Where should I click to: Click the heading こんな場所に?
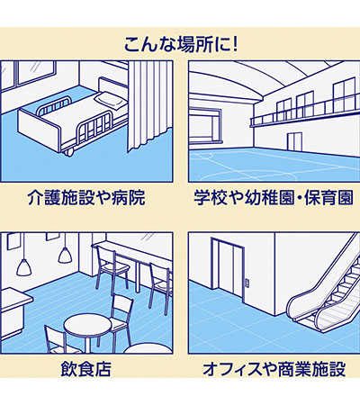click(181, 44)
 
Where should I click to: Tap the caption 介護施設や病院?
click(86, 198)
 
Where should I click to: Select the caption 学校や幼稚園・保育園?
click(274, 198)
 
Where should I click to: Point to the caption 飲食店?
click(86, 369)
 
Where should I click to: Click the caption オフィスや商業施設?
click(274, 369)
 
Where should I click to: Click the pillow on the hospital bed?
click(111, 100)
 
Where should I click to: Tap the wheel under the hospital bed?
click(68, 153)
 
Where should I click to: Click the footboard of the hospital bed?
click(39, 130)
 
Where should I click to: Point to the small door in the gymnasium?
click(294, 140)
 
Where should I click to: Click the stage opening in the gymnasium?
click(205, 123)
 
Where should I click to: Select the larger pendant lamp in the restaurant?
click(23, 267)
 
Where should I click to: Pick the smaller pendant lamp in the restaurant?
click(65, 256)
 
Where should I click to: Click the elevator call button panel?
click(247, 283)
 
